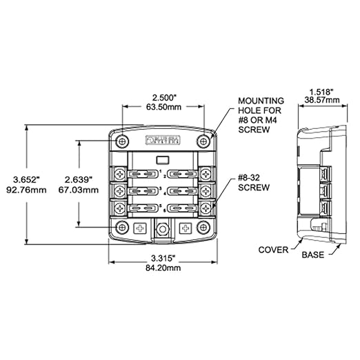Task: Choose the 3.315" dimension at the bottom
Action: [x=163, y=257]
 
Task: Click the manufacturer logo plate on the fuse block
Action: [x=162, y=140]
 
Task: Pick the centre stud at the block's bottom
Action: [x=163, y=228]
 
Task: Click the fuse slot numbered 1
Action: [x=146, y=173]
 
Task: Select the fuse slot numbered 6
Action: [x=181, y=207]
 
